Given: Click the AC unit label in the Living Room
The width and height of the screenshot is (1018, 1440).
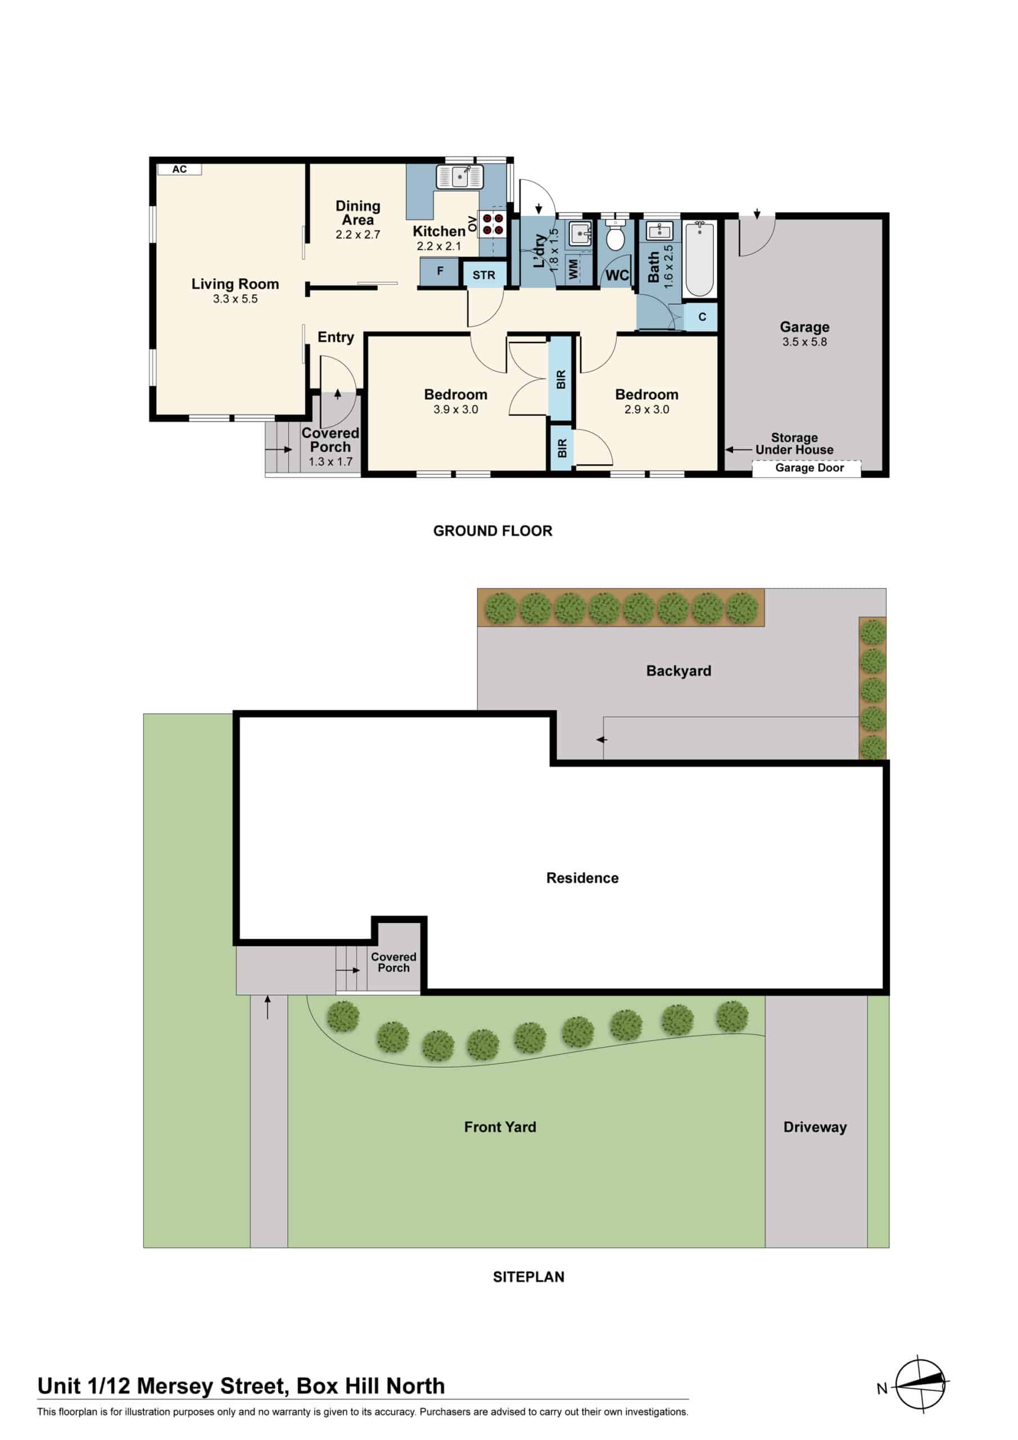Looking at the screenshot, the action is tap(179, 169).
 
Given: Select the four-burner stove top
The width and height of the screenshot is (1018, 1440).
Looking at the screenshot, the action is tap(494, 224).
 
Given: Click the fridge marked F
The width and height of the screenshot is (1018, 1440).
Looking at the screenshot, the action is tap(440, 272).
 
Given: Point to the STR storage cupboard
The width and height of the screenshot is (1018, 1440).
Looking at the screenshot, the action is tap(483, 275).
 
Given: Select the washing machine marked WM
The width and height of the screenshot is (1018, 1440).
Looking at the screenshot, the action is tap(573, 269).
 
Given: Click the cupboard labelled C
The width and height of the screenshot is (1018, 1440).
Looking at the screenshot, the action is tap(702, 317).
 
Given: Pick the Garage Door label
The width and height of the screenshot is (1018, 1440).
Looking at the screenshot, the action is tap(809, 468).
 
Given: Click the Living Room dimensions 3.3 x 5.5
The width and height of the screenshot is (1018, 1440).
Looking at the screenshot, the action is tap(235, 299).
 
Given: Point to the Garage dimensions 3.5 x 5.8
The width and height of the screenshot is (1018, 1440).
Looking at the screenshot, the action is tap(804, 342).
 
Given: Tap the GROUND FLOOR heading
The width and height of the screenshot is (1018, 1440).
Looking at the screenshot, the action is tap(493, 531).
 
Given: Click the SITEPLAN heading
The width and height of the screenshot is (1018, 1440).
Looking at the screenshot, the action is tap(528, 1277).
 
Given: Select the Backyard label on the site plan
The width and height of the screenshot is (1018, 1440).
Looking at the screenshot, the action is tap(678, 671).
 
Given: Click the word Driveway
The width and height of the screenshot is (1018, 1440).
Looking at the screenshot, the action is tap(815, 1127).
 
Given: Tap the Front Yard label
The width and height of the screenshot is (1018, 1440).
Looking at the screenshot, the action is tap(500, 1127).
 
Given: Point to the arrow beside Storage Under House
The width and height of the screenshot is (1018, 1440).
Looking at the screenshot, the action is tap(739, 449).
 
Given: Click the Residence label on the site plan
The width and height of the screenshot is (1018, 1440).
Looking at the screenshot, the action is tap(582, 878).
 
